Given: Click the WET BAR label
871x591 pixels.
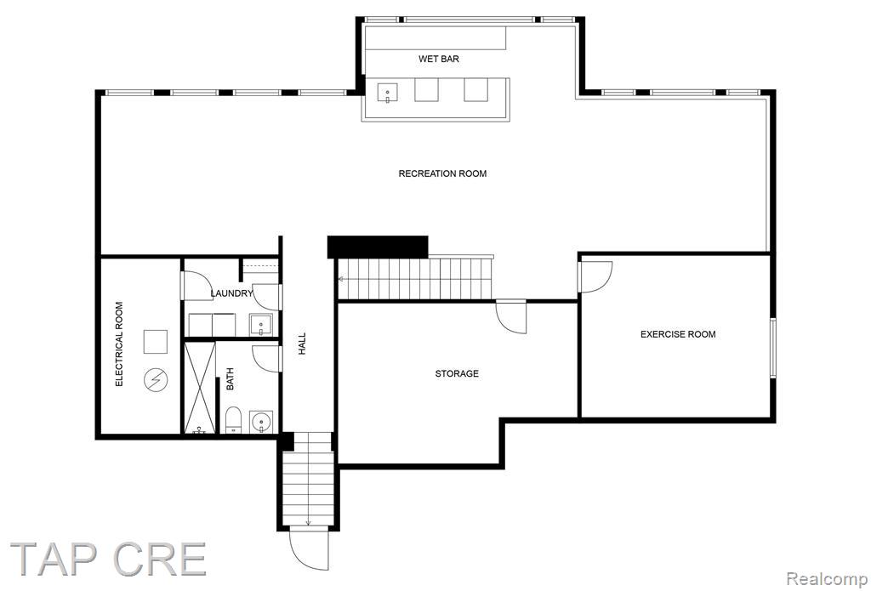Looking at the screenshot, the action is [x=439, y=59].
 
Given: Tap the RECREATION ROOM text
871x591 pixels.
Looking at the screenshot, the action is [x=442, y=173].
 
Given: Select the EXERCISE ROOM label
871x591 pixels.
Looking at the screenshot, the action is [x=678, y=334].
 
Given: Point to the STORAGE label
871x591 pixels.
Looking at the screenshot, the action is [x=457, y=373].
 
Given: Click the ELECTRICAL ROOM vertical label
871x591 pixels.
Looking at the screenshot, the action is [x=119, y=344].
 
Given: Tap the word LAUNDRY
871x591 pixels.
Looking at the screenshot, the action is [x=231, y=293].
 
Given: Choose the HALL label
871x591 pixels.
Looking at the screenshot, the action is [x=302, y=344].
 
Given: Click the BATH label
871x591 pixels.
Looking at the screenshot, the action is [x=230, y=378].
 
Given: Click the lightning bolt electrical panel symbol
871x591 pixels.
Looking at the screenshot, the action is [x=156, y=380].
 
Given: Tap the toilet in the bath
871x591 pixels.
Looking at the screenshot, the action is [x=234, y=420].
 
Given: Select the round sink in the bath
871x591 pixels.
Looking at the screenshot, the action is [x=260, y=422].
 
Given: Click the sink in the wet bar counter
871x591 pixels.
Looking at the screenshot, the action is [x=388, y=92].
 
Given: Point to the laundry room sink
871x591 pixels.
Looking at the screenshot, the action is [x=260, y=325].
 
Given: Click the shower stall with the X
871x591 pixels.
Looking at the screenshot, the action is [x=199, y=388].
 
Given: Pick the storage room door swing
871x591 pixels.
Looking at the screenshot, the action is [x=511, y=317].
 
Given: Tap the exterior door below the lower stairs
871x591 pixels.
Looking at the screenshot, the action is [x=309, y=550].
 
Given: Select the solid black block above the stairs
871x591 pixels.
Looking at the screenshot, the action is [x=378, y=247].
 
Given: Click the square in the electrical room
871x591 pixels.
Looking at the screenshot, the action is [x=156, y=342].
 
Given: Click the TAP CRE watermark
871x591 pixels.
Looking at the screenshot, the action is [x=108, y=559].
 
